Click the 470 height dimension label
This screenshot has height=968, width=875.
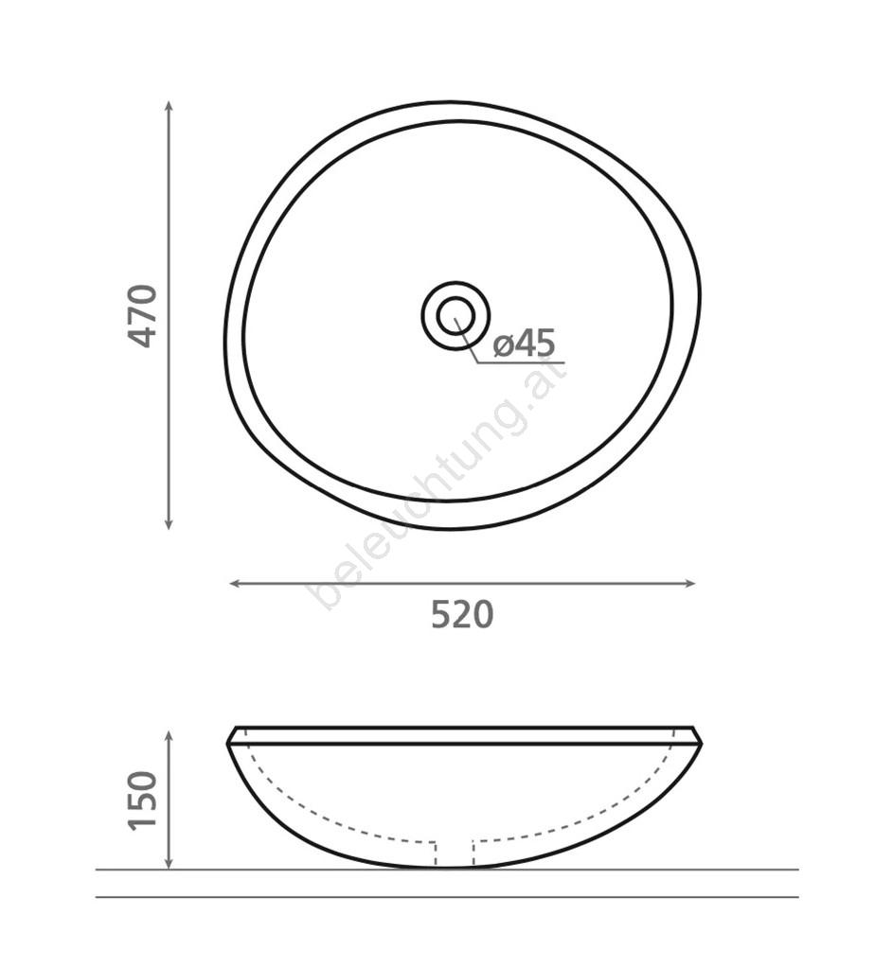143,316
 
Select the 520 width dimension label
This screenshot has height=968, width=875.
462,614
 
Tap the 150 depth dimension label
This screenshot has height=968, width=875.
143,801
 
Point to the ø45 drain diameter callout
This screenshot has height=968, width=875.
525,343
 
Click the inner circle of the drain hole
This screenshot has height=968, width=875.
456,316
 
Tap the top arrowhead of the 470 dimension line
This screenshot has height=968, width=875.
168,106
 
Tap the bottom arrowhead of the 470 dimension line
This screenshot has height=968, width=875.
168,524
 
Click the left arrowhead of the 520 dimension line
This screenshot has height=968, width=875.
235,584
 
